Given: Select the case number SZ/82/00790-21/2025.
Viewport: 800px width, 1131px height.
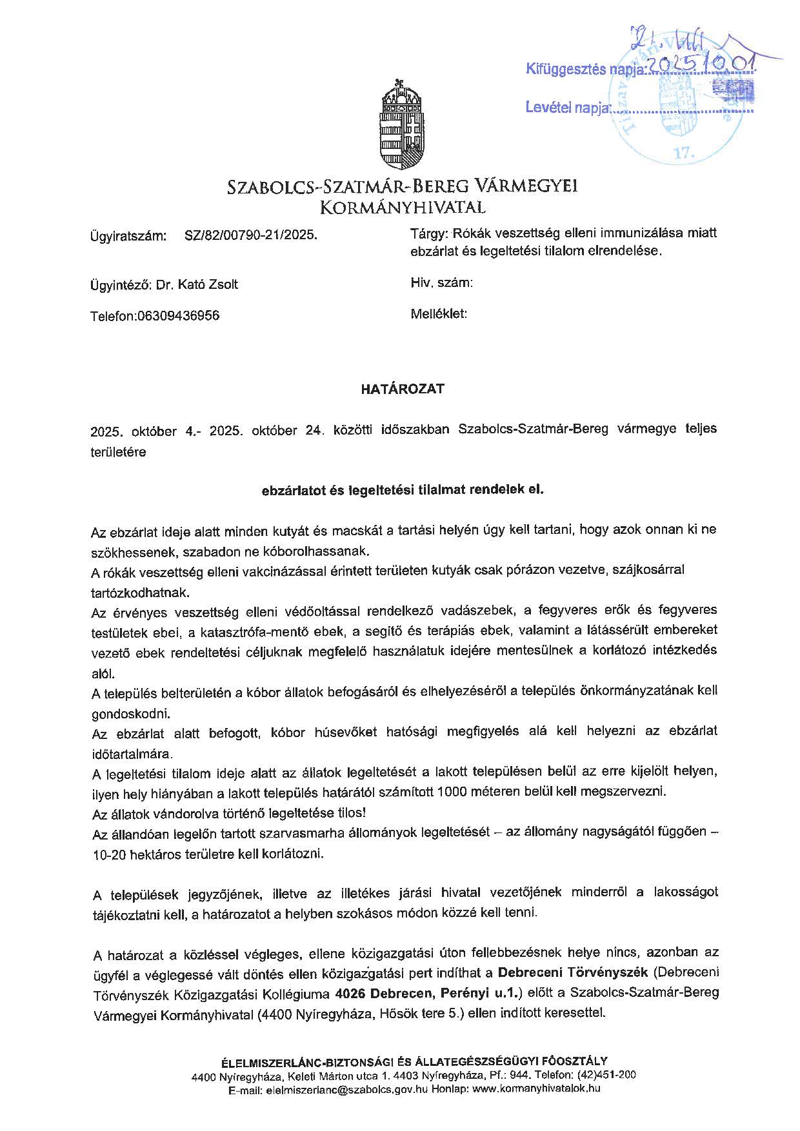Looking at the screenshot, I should pos(251,236).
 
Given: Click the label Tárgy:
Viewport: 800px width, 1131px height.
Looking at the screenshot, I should pos(430,233).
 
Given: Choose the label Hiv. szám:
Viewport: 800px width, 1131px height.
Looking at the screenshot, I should pos(441,282).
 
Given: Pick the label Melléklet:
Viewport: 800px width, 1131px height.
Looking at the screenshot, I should pos(439,314).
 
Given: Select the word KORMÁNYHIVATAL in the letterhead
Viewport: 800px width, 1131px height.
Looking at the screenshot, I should pos(403,208).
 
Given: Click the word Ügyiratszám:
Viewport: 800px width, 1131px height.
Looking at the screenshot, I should pos(128,236).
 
